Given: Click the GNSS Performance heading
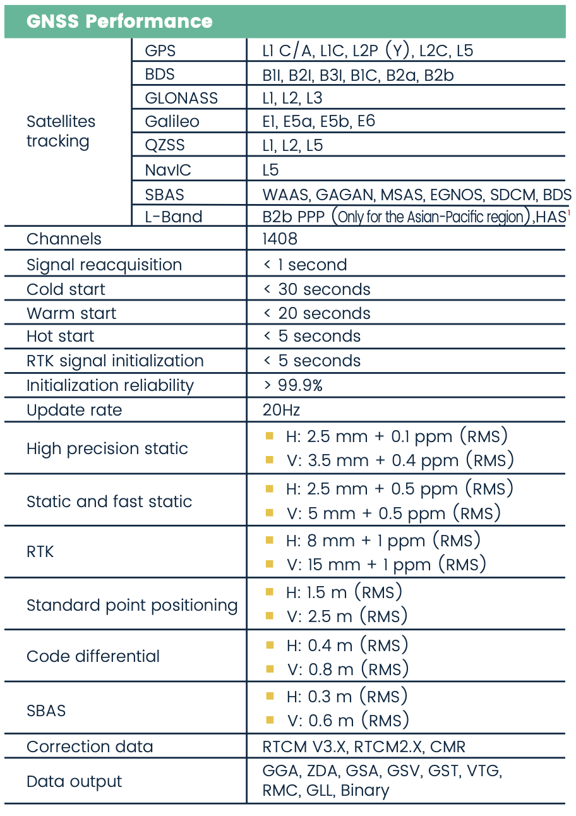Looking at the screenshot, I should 119,21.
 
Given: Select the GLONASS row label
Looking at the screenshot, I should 181,98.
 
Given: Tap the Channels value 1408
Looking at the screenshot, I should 280,239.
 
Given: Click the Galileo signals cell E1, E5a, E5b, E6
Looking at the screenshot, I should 319,121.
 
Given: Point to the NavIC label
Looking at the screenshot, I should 168,169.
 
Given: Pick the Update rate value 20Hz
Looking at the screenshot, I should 281,410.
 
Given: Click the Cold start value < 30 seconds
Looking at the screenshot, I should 316,289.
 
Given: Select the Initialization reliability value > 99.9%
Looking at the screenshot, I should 292,385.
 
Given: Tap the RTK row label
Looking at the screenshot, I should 40,551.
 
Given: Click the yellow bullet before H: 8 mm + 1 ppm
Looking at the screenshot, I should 270,540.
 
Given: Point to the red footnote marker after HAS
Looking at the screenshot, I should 568,213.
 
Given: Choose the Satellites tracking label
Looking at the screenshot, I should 61,131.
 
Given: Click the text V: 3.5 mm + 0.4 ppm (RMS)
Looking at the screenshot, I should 400,460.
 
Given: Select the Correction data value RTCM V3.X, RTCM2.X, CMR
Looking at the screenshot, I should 364,747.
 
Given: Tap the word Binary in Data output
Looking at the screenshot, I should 365,791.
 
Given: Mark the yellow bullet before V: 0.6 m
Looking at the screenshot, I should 270,719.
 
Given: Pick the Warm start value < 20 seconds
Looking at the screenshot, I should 316,313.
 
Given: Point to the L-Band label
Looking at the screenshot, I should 174,217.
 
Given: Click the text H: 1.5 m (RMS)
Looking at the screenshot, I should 344,592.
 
